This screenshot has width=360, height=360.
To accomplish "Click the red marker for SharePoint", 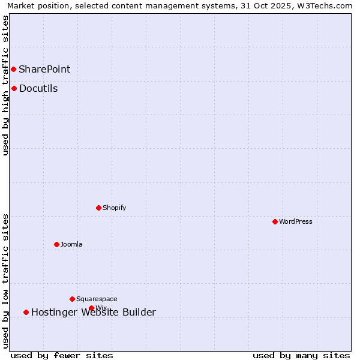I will [13, 69].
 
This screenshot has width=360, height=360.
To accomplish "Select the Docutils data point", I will [14, 89].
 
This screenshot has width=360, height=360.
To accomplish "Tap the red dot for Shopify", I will [99, 208].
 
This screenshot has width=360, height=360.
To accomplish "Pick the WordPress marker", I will [275, 221].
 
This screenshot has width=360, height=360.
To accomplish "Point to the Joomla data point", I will [57, 244].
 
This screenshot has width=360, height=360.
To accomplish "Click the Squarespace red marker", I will [73, 299].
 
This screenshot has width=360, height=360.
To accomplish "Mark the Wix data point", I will [92, 308].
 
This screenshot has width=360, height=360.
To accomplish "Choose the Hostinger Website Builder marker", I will [26, 312].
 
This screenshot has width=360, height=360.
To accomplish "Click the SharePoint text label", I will [44, 69].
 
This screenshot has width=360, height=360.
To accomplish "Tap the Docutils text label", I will [38, 89].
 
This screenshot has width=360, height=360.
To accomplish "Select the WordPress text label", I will [296, 221].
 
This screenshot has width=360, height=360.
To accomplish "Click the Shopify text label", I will [115, 208].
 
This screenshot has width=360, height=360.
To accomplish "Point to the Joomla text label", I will [71, 244].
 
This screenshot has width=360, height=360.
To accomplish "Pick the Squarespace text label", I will [97, 299].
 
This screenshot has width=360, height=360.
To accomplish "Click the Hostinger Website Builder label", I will [94, 312].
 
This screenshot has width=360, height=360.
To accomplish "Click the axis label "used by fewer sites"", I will [62, 356].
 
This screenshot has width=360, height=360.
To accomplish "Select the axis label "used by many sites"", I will [301, 356].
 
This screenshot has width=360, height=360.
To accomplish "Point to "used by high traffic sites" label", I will [5, 85].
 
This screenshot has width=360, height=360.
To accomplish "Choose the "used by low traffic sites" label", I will [5, 281].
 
